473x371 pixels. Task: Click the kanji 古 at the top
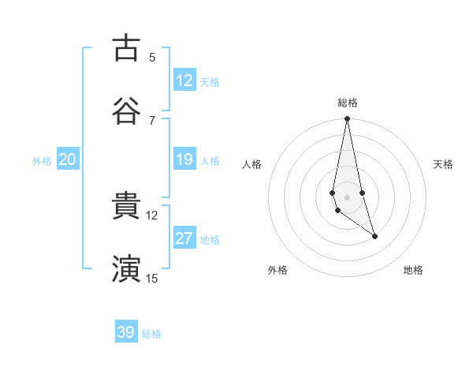(x=126, y=48)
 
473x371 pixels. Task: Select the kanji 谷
(x=126, y=111)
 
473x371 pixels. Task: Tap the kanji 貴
(x=126, y=207)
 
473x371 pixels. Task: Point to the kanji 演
(x=126, y=269)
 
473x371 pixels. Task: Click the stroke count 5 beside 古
(x=152, y=57)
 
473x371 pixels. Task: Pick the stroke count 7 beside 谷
(x=152, y=120)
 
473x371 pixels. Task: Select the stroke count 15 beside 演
(x=151, y=278)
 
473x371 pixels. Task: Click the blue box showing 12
(x=184, y=80)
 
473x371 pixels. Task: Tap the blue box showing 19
(x=184, y=159)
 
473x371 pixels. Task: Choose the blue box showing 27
(x=184, y=238)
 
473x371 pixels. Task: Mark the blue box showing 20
(x=68, y=159)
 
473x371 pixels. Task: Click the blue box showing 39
(x=126, y=332)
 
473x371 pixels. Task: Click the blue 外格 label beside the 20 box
(x=42, y=161)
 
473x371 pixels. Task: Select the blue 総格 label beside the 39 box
(x=151, y=334)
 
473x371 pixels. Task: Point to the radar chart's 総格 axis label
(x=348, y=103)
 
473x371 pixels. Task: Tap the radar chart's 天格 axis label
(x=444, y=164)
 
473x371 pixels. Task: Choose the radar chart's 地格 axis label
(x=413, y=270)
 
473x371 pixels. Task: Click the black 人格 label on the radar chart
(x=252, y=164)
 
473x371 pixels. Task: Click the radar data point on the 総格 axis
(x=347, y=119)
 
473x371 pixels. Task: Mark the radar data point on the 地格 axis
(x=374, y=236)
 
